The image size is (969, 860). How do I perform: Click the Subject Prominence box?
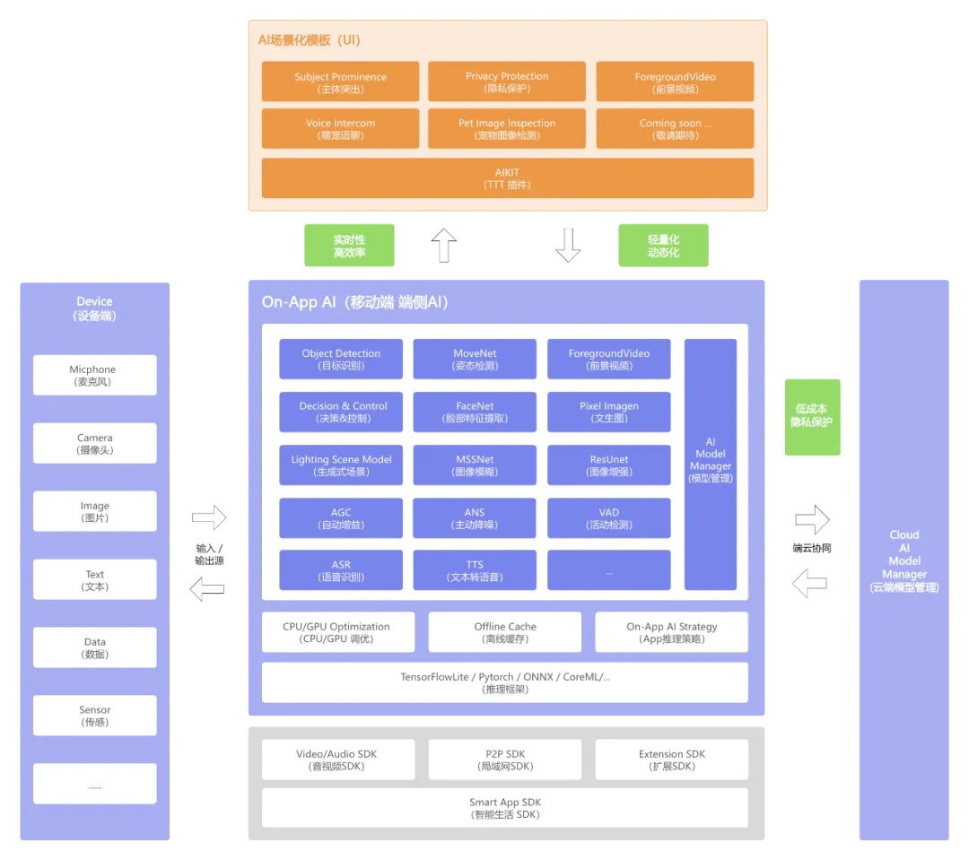[x=340, y=82]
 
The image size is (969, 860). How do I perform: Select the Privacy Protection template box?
[x=506, y=82]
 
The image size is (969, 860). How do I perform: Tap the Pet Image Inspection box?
[x=506, y=128]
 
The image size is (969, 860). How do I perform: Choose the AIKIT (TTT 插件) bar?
[x=507, y=178]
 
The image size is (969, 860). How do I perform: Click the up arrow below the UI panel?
[x=443, y=245]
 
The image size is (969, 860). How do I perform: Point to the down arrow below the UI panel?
[x=568, y=245]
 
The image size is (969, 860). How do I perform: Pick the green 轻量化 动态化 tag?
[x=663, y=246]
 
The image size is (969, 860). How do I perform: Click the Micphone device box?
[x=94, y=375]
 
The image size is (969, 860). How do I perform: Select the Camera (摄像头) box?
[x=94, y=443]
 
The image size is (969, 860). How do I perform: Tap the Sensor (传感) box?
[x=94, y=715]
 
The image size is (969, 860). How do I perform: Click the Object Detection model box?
[x=341, y=359]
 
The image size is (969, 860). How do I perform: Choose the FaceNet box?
[x=475, y=412]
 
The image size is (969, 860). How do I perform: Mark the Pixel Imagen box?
[x=608, y=412]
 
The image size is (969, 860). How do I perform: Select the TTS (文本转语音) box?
[x=475, y=570]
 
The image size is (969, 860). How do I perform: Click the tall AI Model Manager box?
[x=711, y=464]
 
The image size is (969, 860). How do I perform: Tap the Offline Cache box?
[x=505, y=631]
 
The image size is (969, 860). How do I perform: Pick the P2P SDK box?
[x=505, y=760]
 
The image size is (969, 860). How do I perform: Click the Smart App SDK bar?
[x=505, y=808]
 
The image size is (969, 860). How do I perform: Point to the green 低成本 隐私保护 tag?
[x=812, y=416]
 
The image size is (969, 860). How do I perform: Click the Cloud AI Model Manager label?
[x=904, y=560]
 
